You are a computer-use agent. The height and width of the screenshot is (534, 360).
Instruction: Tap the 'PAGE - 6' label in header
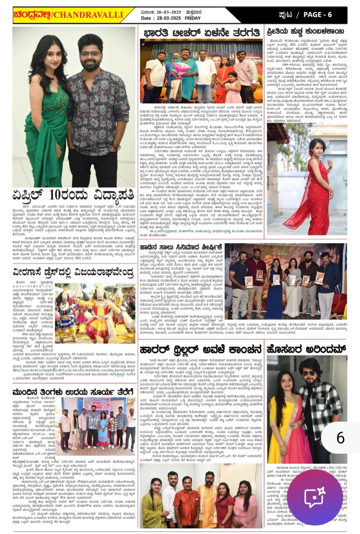317,14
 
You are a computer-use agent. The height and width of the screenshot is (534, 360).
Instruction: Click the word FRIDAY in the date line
193,18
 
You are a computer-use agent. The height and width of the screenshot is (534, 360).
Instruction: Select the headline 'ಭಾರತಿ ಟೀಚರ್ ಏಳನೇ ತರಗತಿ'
201,33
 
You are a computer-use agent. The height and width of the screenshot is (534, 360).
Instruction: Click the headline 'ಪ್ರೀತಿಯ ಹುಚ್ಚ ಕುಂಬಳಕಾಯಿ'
305,32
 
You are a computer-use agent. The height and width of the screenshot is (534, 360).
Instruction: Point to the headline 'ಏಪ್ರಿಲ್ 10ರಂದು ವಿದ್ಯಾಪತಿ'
73,194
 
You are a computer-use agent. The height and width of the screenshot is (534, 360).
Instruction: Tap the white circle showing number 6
340,438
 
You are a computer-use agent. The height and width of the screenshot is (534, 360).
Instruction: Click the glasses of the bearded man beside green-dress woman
90,54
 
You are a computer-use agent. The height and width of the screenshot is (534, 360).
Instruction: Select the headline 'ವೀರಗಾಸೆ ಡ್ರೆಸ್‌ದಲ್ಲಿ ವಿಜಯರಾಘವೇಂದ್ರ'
73,272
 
